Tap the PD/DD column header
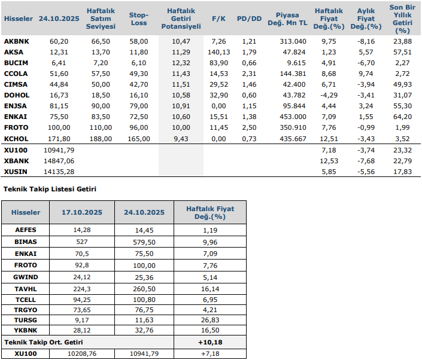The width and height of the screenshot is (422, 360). click(x=249, y=19)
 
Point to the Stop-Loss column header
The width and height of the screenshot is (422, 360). click(x=139, y=19)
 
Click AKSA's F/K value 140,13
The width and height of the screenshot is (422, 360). click(x=219, y=52)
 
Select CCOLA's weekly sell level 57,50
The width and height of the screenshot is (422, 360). click(x=101, y=74)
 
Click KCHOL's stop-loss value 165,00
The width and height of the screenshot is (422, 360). click(x=139, y=138)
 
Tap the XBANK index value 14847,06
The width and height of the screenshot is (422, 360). click(x=59, y=160)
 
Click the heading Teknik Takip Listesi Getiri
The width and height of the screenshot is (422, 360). click(x=50, y=189)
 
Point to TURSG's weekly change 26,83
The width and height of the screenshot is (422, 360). click(x=210, y=321)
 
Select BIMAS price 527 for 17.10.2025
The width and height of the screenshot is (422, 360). click(x=80, y=242)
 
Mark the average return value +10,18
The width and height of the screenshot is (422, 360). click(x=210, y=342)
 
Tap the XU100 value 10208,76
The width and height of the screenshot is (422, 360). click(x=80, y=353)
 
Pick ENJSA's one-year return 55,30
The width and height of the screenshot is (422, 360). click(x=402, y=106)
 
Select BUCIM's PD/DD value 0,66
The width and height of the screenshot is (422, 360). click(x=249, y=63)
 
